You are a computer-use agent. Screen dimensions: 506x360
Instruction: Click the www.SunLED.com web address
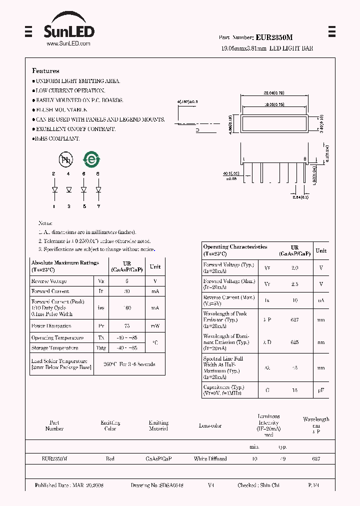[x=68, y=44]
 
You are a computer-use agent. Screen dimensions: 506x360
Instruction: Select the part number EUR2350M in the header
[x=274, y=37]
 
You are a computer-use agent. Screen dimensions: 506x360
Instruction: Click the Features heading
[x=45, y=71]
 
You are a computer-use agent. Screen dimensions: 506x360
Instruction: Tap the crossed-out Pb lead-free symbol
[x=65, y=160]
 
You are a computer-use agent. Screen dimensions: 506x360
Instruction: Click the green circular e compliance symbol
[x=91, y=160]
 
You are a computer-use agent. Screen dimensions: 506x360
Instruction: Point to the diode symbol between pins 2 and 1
[x=54, y=190]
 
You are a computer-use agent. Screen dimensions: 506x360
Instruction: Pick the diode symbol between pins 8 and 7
[x=98, y=190]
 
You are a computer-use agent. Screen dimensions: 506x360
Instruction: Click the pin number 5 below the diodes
[x=84, y=206]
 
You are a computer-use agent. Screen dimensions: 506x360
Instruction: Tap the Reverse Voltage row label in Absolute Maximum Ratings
[x=49, y=281]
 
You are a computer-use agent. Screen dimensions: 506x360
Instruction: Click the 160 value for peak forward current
[x=127, y=308]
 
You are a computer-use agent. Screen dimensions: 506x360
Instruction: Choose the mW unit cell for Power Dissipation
[x=155, y=326]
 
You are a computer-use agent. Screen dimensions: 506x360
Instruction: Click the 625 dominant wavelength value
[x=294, y=342]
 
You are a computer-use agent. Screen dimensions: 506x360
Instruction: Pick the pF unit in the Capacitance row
[x=321, y=390]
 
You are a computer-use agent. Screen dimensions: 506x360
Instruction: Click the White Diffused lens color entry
[x=210, y=458]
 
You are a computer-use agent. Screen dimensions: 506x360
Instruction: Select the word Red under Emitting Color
[x=110, y=458]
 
